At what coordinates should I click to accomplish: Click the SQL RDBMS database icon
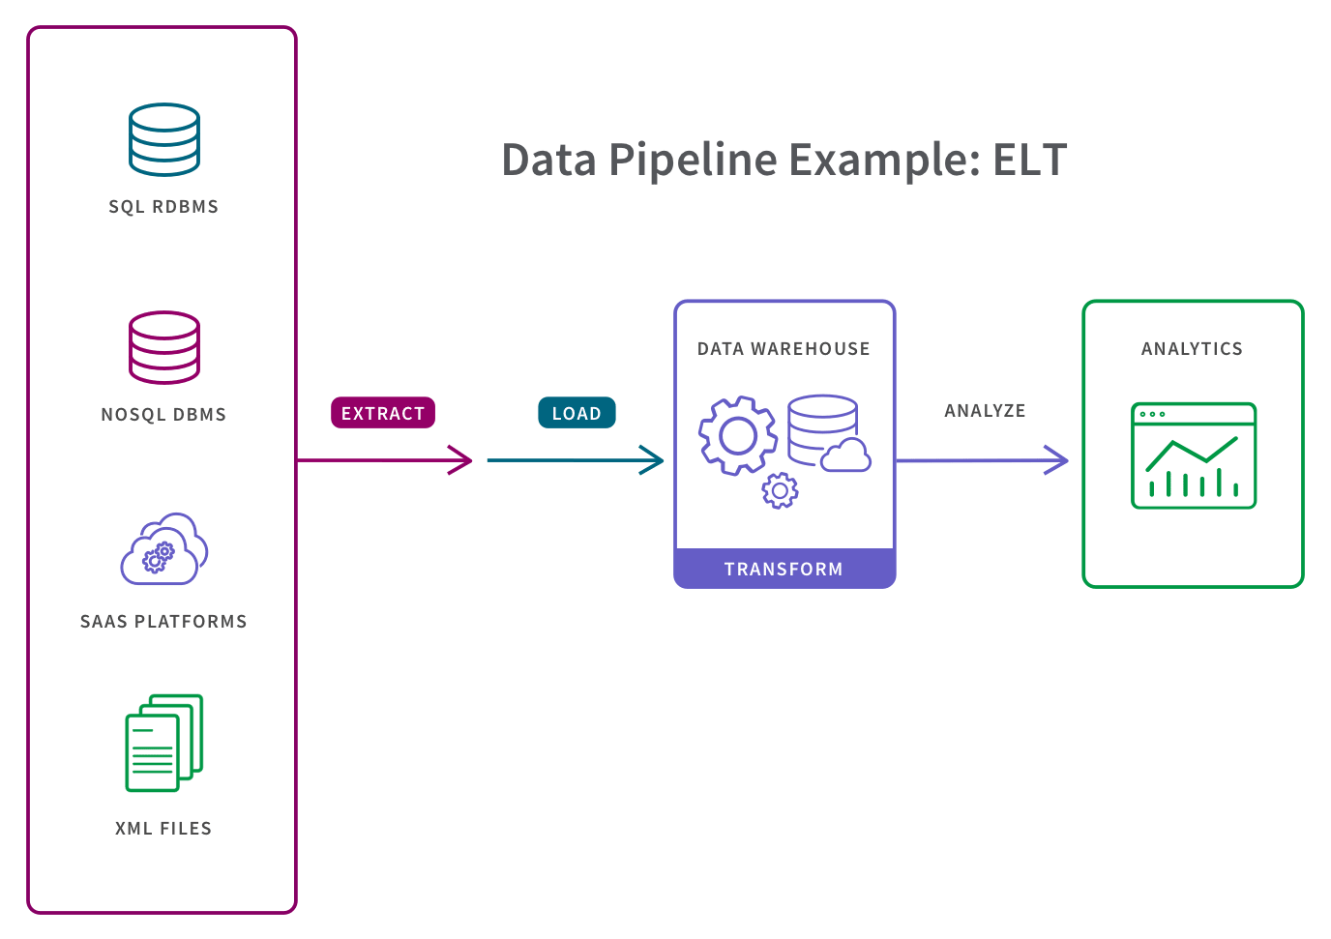164,140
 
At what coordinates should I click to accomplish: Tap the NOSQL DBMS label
163,414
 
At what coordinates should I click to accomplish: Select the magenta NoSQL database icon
164,347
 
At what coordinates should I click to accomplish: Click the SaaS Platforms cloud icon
164,549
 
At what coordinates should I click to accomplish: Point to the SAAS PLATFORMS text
163,621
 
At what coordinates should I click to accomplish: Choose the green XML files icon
164,743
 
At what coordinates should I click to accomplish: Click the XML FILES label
163,828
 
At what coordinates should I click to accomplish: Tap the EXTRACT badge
383,413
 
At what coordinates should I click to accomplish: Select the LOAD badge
577,413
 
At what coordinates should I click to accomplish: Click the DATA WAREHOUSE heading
784,348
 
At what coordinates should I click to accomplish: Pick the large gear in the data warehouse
738,435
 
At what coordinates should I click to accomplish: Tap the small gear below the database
780,491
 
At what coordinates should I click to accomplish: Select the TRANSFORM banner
784,569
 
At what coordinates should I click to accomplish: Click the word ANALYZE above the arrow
985,410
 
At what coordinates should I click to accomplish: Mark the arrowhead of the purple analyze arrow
1059,460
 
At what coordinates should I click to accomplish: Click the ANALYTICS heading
1192,348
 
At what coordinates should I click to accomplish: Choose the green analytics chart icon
1194,455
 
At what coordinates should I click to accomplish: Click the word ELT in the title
1029,160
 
